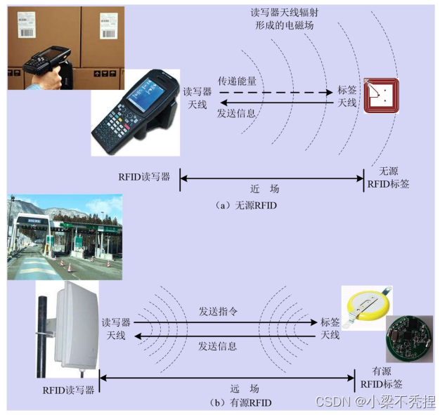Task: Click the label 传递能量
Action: [237, 81]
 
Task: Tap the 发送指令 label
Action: [217, 311]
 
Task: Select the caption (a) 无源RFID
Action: [245, 206]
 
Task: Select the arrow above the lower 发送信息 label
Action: [224, 336]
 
